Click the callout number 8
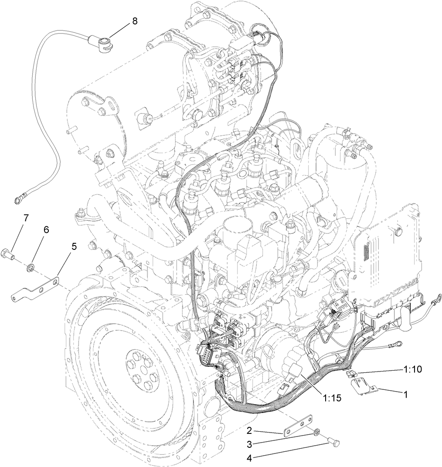point(135,20)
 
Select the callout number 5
point(74,246)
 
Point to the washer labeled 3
point(316,433)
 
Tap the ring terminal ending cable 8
point(19,200)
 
